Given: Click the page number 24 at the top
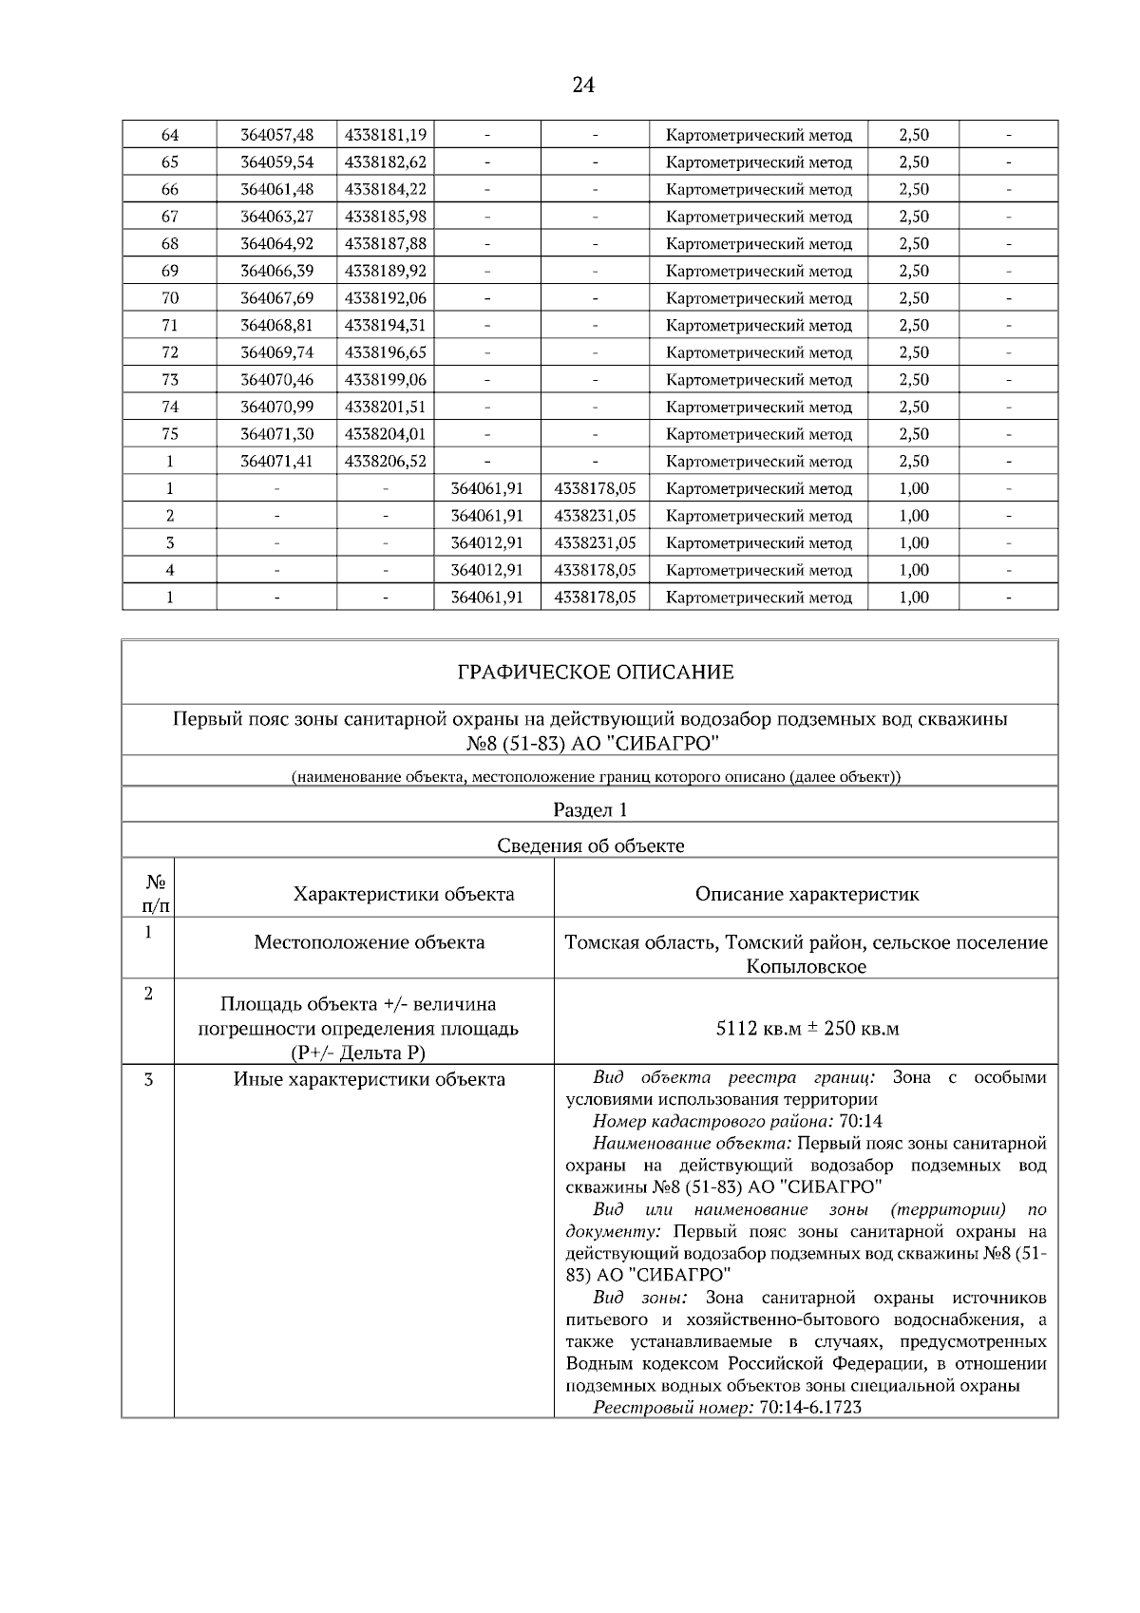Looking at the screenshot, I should pyautogui.click(x=583, y=85).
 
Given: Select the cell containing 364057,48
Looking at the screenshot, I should pyautogui.click(x=276, y=135).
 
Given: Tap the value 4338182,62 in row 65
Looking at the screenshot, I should pyautogui.click(x=385, y=162).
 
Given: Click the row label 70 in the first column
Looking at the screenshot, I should pyautogui.click(x=170, y=298).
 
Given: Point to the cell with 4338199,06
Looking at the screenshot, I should pyautogui.click(x=385, y=380).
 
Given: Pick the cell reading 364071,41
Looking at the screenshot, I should pyautogui.click(x=276, y=462).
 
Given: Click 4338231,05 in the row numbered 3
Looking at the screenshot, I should pyautogui.click(x=595, y=543).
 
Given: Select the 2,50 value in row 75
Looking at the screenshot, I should pyautogui.click(x=914, y=434).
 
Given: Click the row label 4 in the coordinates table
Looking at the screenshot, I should pyautogui.click(x=170, y=571).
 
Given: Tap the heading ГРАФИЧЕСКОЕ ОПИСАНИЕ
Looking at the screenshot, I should pyautogui.click(x=596, y=673).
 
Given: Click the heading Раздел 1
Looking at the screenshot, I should pyautogui.click(x=590, y=809).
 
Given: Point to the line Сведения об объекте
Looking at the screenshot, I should pyautogui.click(x=590, y=845).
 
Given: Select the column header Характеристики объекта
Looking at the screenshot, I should pyautogui.click(x=404, y=894).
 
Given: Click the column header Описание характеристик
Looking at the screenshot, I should pyautogui.click(x=807, y=894).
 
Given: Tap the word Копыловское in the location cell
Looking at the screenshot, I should pyautogui.click(x=806, y=967).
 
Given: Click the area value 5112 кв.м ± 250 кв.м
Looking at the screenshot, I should pyautogui.click(x=807, y=1029).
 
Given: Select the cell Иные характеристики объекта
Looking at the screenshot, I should pyautogui.click(x=370, y=1079).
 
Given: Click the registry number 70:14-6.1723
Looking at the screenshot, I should pyautogui.click(x=810, y=1407).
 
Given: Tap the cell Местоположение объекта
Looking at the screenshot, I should pyautogui.click(x=370, y=942).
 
